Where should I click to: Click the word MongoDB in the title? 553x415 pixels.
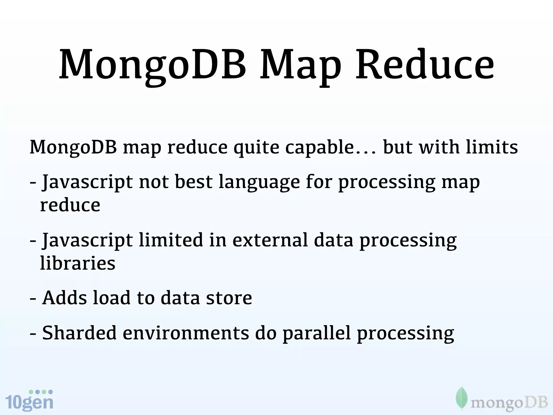(153, 65)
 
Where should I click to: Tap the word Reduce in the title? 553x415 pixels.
(425, 65)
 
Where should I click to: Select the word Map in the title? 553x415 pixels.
(300, 66)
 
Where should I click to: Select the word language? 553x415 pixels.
(259, 182)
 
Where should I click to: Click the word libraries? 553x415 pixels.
(78, 263)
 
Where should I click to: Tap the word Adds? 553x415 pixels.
(65, 298)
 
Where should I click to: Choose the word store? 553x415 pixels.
(229, 298)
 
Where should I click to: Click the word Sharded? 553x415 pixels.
(79, 333)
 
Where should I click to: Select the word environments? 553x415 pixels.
(186, 333)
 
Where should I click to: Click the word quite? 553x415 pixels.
(256, 148)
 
